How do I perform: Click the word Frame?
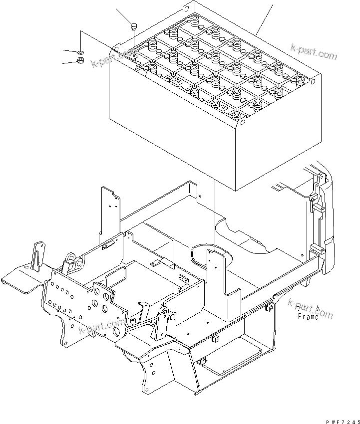308,316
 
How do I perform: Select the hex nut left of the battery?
80,60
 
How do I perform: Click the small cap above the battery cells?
134,26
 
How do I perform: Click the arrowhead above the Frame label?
318,307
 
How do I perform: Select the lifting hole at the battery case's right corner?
313,81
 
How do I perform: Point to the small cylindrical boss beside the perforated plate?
133,321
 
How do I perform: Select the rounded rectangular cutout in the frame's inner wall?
115,276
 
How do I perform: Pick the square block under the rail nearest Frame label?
269,308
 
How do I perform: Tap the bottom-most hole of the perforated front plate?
117,330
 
